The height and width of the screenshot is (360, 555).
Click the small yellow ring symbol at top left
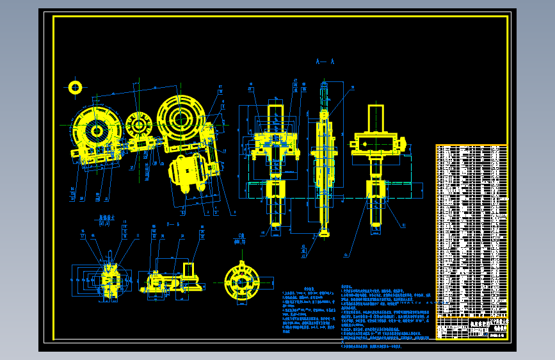click(x=76, y=87)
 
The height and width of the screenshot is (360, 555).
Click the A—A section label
click(x=325, y=62)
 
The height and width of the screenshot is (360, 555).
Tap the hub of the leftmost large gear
click(x=97, y=131)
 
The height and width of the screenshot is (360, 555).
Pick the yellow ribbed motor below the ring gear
click(x=187, y=173)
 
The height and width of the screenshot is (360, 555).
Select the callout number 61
click(x=403, y=225)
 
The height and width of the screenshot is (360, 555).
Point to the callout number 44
click(x=346, y=255)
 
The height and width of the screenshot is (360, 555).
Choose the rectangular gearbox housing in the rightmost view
click(x=376, y=142)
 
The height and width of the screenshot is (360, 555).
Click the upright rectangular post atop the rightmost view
click(x=376, y=118)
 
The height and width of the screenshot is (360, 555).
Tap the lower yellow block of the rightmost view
click(x=376, y=190)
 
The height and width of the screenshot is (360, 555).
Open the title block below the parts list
click(x=471, y=327)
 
